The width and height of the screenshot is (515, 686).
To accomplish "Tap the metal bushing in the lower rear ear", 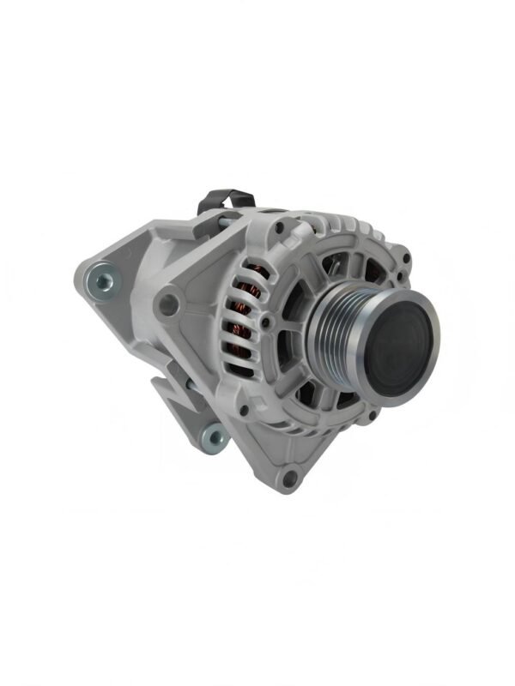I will coord(211,440).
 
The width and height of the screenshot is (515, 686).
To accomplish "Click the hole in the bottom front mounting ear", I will coord(289,478).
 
